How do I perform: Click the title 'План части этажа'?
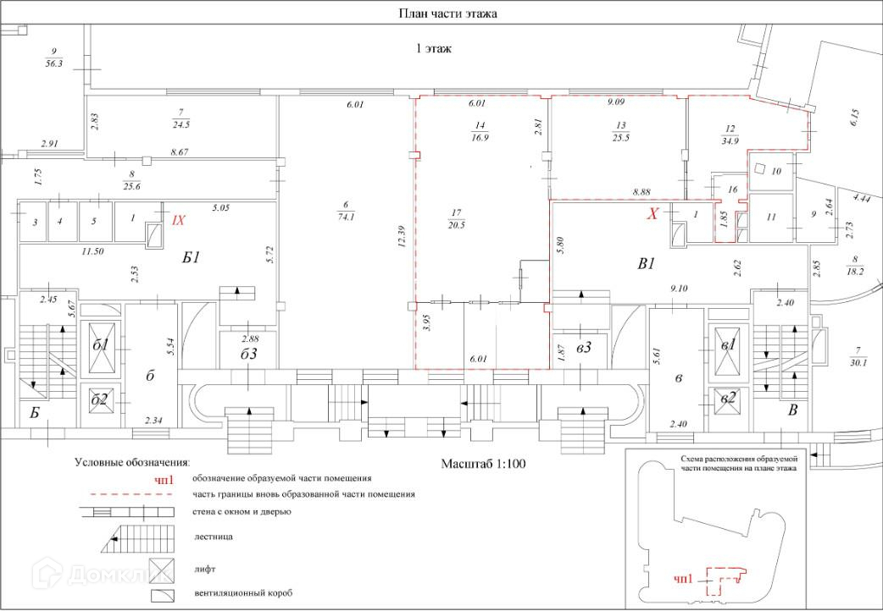click(447, 14)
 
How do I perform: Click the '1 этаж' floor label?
click(433, 48)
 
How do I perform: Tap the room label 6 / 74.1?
click(346, 211)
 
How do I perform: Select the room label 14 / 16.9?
click(480, 131)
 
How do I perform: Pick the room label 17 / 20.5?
click(456, 219)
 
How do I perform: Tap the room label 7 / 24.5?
click(180, 119)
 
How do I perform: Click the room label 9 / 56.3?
click(53, 58)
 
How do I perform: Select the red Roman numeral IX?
click(178, 221)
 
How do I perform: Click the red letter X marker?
click(653, 214)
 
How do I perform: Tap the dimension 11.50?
click(92, 251)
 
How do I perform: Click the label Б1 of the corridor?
click(192, 257)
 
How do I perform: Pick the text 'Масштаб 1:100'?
click(483, 464)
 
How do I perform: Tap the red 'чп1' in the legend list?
click(164, 479)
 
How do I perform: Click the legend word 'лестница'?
click(214, 537)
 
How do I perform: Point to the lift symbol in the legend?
click(162, 570)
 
